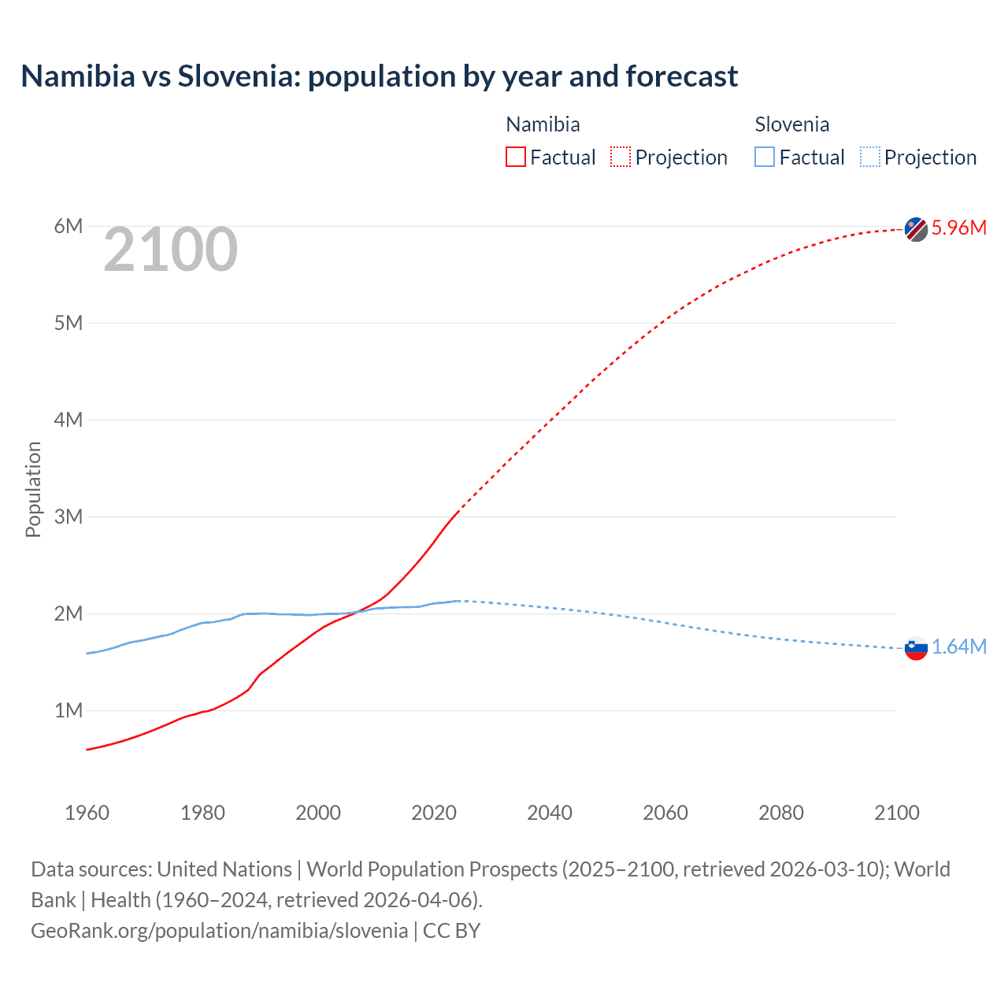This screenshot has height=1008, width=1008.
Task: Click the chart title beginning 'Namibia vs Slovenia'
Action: [379, 76]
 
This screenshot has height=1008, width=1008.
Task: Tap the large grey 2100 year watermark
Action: [170, 250]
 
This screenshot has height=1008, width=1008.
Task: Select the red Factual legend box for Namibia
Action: [516, 157]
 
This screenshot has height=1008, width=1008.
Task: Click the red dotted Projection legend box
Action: [621, 157]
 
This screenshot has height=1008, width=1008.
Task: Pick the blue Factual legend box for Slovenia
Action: [765, 157]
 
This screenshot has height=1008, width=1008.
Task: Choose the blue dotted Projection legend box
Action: [870, 157]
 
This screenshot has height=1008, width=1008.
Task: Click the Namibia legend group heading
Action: [543, 124]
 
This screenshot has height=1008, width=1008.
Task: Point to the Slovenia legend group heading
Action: [791, 124]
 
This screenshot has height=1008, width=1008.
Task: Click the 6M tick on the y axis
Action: [69, 227]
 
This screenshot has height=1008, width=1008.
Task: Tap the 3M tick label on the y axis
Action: [69, 517]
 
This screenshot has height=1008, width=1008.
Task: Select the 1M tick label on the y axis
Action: [69, 710]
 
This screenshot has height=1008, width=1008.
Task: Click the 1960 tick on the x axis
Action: [87, 813]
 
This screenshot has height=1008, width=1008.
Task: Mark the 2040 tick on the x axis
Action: [550, 813]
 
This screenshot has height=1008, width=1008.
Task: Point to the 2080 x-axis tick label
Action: [781, 813]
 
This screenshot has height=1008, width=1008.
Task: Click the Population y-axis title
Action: [33, 489]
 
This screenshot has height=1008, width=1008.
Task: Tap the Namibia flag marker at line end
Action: [916, 229]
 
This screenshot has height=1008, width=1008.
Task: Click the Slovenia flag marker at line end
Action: [916, 648]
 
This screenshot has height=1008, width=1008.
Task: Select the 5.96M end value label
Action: [958, 228]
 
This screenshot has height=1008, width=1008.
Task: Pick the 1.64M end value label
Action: [958, 647]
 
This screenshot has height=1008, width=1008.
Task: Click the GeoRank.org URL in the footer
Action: [219, 931]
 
